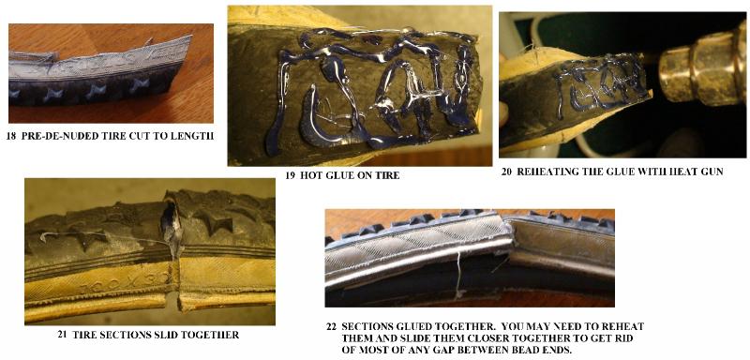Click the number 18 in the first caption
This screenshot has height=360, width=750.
(x=11, y=136)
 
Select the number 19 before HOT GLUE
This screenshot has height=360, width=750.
(x=290, y=175)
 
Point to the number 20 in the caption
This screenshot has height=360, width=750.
(x=506, y=172)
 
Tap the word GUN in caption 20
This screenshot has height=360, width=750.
(x=713, y=172)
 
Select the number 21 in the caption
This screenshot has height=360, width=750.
(x=62, y=335)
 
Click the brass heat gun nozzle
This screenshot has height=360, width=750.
(x=702, y=67)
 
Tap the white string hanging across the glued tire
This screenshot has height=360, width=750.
(x=457, y=275)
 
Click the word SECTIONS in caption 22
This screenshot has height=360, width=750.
(x=365, y=327)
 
